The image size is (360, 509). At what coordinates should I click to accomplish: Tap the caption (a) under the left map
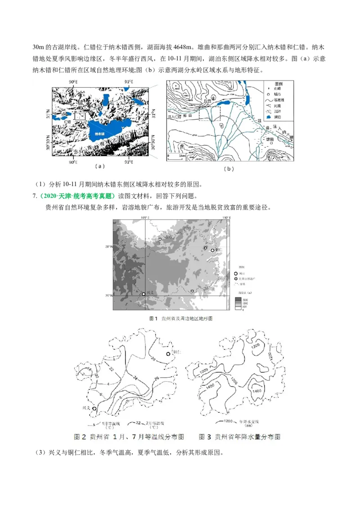100,166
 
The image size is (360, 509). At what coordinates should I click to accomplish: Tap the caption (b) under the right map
229,169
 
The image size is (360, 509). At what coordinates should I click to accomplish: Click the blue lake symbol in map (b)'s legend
268,116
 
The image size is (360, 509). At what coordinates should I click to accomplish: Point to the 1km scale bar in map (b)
175,156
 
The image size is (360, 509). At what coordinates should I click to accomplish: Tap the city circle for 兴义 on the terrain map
144,294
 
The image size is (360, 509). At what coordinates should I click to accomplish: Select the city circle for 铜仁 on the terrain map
212,250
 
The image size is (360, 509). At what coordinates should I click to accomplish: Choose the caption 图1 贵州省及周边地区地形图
180,318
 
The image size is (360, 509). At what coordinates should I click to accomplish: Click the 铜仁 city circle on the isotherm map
168,354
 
